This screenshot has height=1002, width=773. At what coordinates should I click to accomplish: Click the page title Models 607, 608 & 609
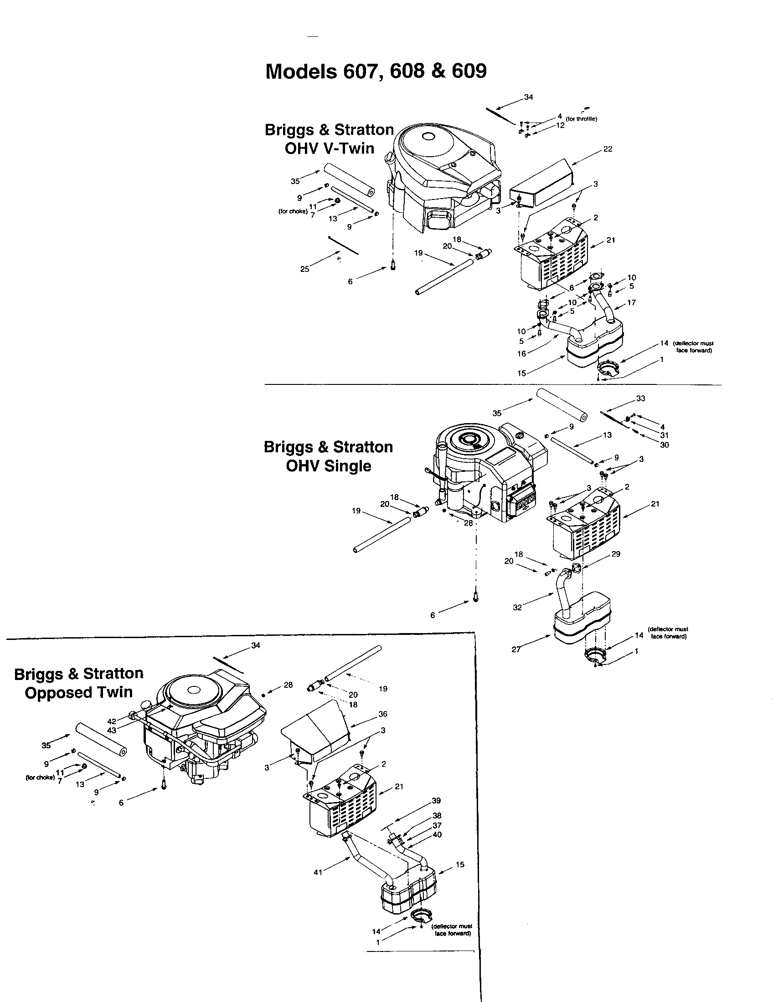pyautogui.click(x=376, y=71)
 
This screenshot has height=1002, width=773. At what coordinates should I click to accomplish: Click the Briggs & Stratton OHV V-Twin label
pyautogui.click(x=329, y=139)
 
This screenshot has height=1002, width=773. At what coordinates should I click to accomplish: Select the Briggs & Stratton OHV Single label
pyautogui.click(x=328, y=456)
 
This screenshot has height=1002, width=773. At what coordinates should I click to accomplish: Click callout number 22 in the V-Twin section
pyautogui.click(x=608, y=149)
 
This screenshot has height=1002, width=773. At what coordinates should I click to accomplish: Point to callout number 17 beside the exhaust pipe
pyautogui.click(x=631, y=302)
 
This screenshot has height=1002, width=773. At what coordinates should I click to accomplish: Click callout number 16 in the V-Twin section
pyautogui.click(x=521, y=354)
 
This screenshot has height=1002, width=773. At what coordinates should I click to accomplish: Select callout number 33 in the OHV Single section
pyautogui.click(x=641, y=398)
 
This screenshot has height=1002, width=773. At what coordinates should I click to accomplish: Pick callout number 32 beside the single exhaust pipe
pyautogui.click(x=517, y=607)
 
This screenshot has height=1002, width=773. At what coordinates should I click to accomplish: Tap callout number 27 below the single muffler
pyautogui.click(x=516, y=649)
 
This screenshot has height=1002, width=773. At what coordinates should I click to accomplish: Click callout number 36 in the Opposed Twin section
pyautogui.click(x=383, y=713)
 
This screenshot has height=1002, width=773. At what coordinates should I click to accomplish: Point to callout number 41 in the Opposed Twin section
pyautogui.click(x=318, y=872)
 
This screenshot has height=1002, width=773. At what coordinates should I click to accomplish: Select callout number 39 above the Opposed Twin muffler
pyautogui.click(x=436, y=800)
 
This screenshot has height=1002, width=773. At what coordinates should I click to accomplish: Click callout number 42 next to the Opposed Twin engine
pyautogui.click(x=112, y=721)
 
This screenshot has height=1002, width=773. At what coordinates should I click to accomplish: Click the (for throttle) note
pyautogui.click(x=581, y=119)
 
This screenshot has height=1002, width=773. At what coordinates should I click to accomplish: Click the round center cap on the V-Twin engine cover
pyautogui.click(x=429, y=136)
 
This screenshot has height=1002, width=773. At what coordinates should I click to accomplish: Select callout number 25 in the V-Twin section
pyautogui.click(x=305, y=269)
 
